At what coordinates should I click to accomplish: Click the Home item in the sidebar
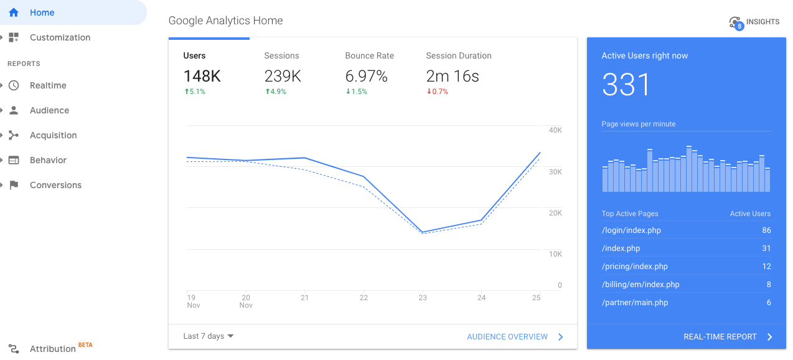[x=42, y=12]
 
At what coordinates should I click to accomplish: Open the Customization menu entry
[x=60, y=37]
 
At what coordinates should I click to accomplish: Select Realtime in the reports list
[x=48, y=85]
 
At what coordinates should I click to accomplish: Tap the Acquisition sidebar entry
[x=53, y=135]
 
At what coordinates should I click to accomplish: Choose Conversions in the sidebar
[x=55, y=185]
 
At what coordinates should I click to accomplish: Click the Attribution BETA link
[x=53, y=348]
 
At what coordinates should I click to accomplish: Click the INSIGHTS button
[x=754, y=22]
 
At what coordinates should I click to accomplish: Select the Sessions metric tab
[x=282, y=56]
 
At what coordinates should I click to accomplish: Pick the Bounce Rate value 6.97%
[x=366, y=77]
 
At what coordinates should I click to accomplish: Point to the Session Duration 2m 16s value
[x=453, y=77]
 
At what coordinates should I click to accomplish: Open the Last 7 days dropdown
[x=209, y=336]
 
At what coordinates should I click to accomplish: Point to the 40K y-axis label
[x=555, y=130]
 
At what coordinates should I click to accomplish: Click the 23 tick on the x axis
[x=423, y=298]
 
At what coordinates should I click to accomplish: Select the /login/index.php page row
[x=631, y=230]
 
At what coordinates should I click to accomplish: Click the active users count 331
[x=626, y=85]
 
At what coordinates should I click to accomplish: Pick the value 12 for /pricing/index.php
[x=766, y=267]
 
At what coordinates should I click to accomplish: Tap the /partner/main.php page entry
[x=634, y=303]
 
